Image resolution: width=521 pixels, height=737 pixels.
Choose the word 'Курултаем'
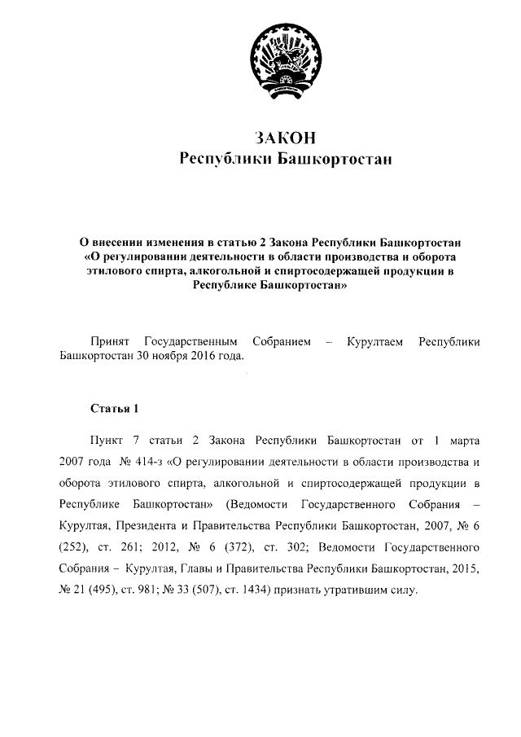click(x=375, y=341)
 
